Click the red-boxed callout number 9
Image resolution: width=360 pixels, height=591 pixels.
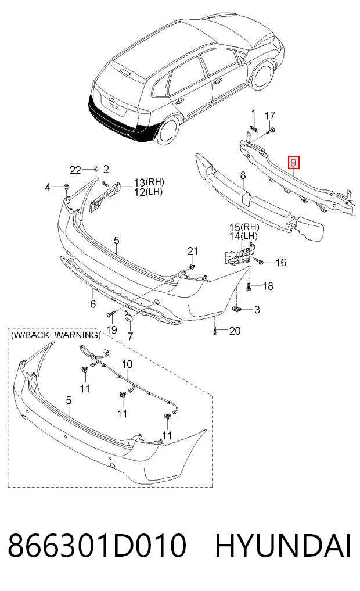[x=293, y=163]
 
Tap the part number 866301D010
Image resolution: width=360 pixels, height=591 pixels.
[x=97, y=545]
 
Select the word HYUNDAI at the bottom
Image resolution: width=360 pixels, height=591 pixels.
[x=283, y=545]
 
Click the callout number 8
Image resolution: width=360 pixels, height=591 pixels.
[x=243, y=175]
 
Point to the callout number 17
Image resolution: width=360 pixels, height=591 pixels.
[x=270, y=115]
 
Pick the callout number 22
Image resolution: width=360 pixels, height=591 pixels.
[x=75, y=170]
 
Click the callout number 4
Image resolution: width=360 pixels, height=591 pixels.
[x=48, y=187]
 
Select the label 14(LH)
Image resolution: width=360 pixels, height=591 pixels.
[x=244, y=236]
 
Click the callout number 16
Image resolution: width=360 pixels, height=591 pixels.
[x=281, y=262]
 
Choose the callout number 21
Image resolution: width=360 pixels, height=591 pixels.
[x=192, y=251]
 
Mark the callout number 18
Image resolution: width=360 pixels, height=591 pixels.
[x=268, y=286]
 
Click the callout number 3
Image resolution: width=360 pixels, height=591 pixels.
[x=257, y=310]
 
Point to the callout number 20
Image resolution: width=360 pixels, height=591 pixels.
[x=235, y=331]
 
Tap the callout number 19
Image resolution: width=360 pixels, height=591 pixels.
[x=111, y=330]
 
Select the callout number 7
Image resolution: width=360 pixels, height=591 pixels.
[x=130, y=336]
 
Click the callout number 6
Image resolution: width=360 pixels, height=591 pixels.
[x=93, y=303]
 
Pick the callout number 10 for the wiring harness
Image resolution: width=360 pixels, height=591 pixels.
[x=127, y=364]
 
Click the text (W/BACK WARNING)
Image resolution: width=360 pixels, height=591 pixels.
[x=56, y=335]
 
